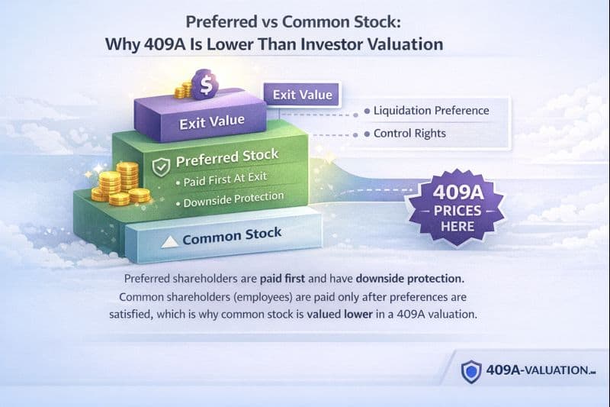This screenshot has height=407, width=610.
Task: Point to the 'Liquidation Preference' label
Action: (x=431, y=111)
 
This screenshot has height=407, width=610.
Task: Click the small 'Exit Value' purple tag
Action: (x=303, y=95)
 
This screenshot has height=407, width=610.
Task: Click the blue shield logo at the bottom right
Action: (x=472, y=371)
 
